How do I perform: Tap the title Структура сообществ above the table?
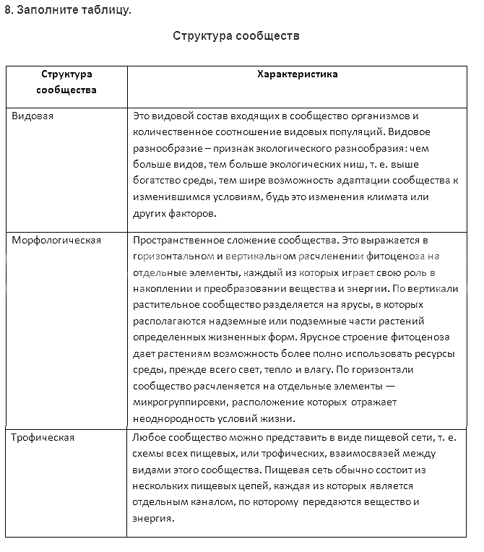pyautogui.click(x=236, y=35)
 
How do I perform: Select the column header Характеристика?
pyautogui.click(x=297, y=74)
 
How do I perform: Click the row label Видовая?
pyautogui.click(x=33, y=116)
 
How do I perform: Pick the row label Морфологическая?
pyautogui.click(x=56, y=240)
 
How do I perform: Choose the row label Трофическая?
pyautogui.click(x=43, y=437)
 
